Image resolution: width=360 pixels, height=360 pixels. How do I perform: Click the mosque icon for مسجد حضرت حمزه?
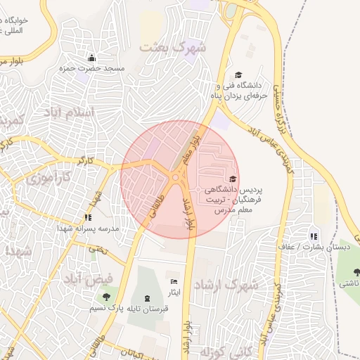(x=91, y=58)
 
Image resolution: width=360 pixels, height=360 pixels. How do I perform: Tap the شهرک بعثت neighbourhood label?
(x=173, y=48)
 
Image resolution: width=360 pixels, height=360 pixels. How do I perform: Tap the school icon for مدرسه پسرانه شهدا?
(x=88, y=217)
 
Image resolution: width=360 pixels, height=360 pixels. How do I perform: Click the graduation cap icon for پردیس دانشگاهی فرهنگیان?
(x=233, y=179)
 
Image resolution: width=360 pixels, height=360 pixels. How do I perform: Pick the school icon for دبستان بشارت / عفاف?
(x=314, y=236)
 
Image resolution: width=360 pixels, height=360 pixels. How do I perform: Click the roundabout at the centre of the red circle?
(x=175, y=177)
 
